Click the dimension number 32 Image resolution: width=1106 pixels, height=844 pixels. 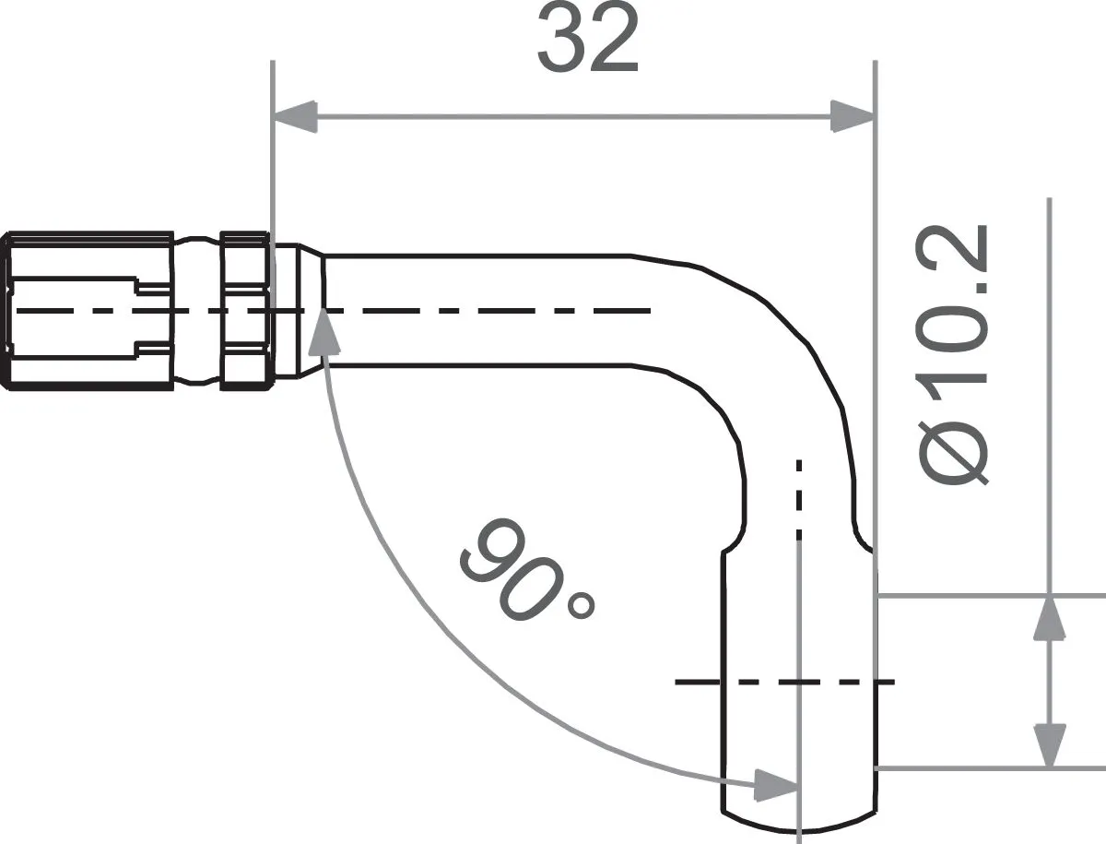tap(588, 42)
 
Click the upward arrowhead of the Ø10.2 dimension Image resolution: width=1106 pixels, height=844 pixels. tap(1049, 619)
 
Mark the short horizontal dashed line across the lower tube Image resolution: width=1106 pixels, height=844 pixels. tap(783, 682)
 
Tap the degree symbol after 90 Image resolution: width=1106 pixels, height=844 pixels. tap(582, 606)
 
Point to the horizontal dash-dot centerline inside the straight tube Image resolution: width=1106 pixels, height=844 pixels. tap(488, 311)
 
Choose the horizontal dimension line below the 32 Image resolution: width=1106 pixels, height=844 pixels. tap(571, 117)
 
